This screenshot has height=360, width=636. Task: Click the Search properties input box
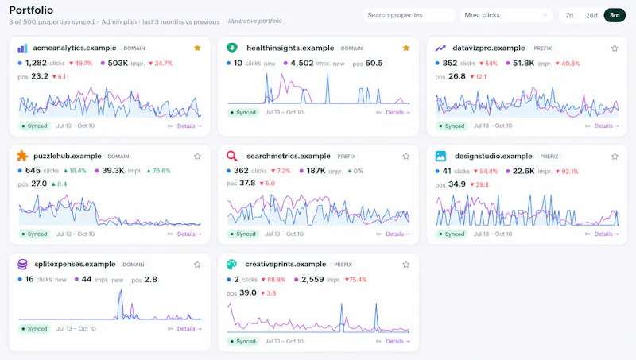coord(409,15)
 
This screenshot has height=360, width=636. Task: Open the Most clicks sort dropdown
coord(507,15)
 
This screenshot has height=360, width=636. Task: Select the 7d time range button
coord(569,15)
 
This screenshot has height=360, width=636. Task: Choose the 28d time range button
coord(591,15)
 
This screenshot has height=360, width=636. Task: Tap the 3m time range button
coord(615,15)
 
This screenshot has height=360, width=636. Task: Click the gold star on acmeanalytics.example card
coord(197,48)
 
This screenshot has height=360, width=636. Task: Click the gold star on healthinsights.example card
coord(406,48)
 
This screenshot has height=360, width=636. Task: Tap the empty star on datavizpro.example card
coord(615,48)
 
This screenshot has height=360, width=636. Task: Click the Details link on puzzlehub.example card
coord(189,234)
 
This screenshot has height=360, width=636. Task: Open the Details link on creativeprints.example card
coord(397,342)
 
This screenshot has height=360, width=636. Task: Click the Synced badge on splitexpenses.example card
coord(34,329)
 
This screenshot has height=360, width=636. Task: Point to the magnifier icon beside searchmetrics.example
coord(231,156)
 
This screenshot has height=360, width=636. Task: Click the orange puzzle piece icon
coord(22,156)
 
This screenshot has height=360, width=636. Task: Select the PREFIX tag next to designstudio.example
coord(549,157)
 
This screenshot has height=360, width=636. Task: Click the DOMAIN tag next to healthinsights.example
coord(351,48)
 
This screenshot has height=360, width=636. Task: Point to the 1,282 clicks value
coord(36,63)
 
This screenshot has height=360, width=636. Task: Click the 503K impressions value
coord(118,63)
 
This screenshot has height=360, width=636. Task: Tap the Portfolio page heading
coord(31,10)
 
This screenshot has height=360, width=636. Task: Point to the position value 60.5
coord(374,64)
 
